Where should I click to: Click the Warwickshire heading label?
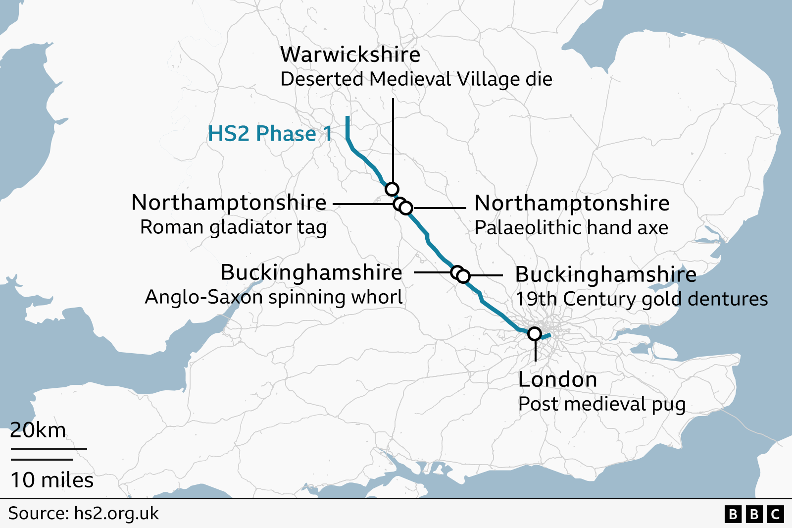pos(350,54)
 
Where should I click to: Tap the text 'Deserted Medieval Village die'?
pos(416,79)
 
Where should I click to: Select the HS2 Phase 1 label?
pos(270,134)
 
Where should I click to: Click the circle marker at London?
pos(534,334)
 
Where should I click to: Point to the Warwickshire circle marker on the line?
pos(392,189)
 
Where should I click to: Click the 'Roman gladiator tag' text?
pos(233,227)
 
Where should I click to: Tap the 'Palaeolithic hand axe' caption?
pos(571,228)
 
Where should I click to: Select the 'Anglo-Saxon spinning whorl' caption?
pos(273,297)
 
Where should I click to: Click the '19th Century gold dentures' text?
pos(642,299)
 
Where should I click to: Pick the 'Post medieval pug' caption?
pos(601,404)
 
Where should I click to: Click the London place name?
pos(557,380)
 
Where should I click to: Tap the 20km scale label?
pos(38,430)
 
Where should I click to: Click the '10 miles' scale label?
pos(52,480)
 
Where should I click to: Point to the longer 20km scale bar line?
pos(49,449)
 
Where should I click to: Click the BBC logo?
pos(754,514)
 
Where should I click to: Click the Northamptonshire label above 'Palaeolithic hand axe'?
pos(572,203)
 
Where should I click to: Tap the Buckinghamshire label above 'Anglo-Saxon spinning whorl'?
pos(311,272)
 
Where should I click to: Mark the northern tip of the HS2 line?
pos(348,118)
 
